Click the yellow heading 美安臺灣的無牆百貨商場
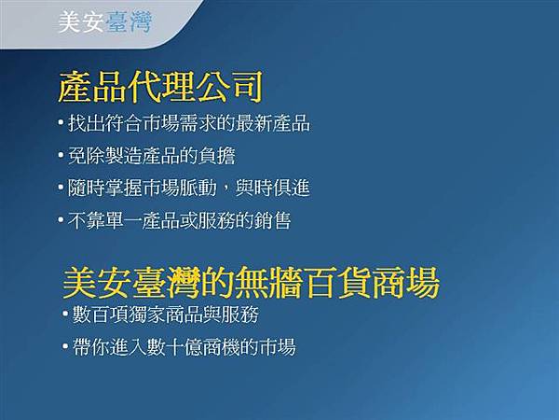point(251,283)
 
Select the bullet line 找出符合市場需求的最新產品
point(188,123)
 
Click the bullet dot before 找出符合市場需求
point(61,123)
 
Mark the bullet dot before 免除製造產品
point(61,156)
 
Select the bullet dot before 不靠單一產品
point(61,221)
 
